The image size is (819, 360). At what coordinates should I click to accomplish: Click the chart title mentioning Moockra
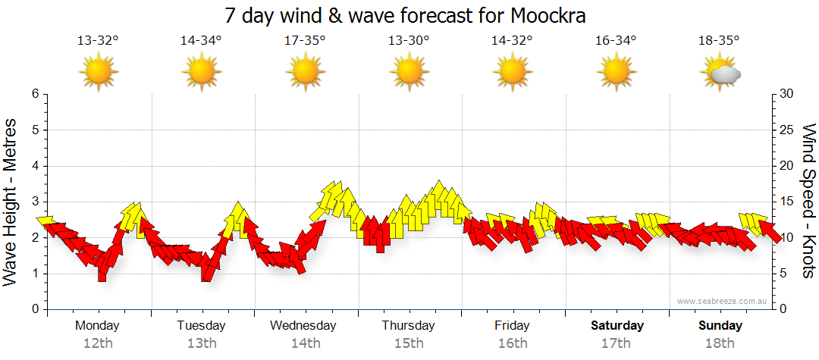pyautogui.click(x=406, y=16)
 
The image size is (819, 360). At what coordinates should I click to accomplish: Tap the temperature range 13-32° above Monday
pyautogui.click(x=99, y=40)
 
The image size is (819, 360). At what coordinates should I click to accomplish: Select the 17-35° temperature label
pyautogui.click(x=305, y=40)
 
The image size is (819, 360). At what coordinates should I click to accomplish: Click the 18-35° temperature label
pyautogui.click(x=719, y=40)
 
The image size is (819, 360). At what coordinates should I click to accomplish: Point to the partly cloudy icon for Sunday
pyautogui.click(x=720, y=73)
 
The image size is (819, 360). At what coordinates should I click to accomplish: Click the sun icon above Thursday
pyautogui.click(x=409, y=73)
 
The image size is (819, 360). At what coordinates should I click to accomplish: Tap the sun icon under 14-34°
pyautogui.click(x=202, y=73)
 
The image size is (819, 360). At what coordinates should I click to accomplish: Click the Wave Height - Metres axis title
pyautogui.click(x=11, y=202)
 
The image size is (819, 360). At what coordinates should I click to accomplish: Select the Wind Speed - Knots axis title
pyautogui.click(x=808, y=202)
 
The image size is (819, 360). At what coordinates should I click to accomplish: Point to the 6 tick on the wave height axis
pyautogui.click(x=34, y=94)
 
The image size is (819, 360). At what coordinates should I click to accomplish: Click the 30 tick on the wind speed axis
pyautogui.click(x=786, y=94)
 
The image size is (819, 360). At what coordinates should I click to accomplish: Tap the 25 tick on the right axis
pyautogui.click(x=786, y=130)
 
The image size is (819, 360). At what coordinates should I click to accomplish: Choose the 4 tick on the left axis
pyautogui.click(x=34, y=166)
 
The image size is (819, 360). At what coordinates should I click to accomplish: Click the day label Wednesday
pyautogui.click(x=303, y=326)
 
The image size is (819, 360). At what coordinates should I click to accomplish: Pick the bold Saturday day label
pyautogui.click(x=617, y=326)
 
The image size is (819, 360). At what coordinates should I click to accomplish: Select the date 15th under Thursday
pyautogui.click(x=409, y=343)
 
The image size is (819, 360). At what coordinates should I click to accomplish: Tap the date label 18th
pyautogui.click(x=720, y=343)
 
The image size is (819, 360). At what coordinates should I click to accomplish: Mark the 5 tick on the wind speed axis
pyautogui.click(x=783, y=274)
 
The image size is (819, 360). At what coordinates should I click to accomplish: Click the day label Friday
pyautogui.click(x=513, y=326)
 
